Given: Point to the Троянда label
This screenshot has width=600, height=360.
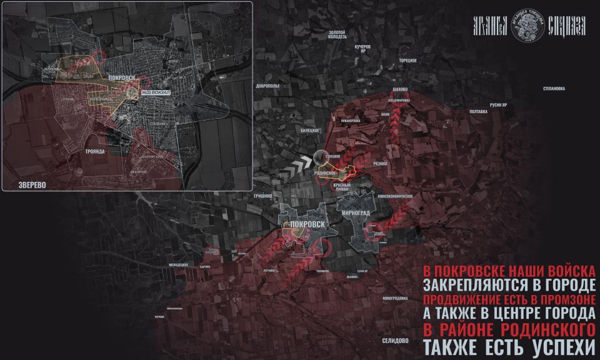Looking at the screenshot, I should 96,152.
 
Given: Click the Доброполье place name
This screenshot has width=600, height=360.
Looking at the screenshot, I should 271,84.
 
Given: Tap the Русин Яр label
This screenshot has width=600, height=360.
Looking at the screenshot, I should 498,104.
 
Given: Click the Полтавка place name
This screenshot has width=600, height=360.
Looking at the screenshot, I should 478,111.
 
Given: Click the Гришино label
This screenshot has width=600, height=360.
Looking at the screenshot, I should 263,196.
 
